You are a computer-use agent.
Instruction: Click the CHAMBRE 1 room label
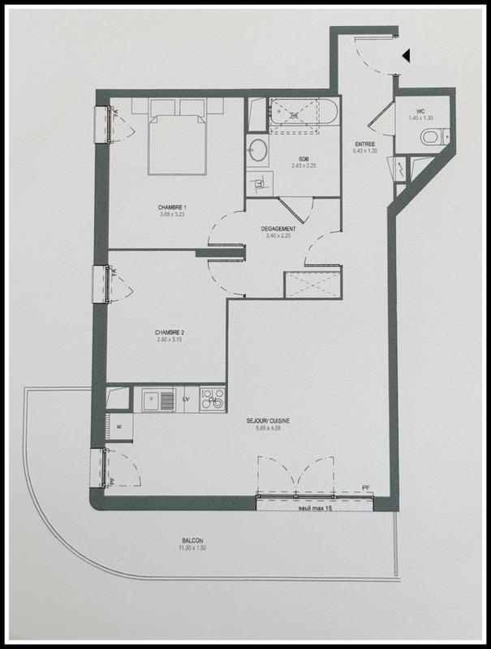tap(171, 208)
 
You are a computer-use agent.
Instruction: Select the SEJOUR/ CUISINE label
tap(270, 420)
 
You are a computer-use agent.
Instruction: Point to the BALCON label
tap(192, 541)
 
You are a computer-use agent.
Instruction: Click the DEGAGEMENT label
tap(278, 229)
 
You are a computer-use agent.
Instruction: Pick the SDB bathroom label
tap(302, 159)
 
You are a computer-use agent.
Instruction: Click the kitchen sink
tap(159, 399)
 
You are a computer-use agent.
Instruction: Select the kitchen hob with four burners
tap(213, 400)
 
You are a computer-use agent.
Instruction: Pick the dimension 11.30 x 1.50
tap(192, 549)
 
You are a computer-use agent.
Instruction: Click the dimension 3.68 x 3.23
tap(171, 215)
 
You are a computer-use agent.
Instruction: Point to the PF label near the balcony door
tap(366, 488)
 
